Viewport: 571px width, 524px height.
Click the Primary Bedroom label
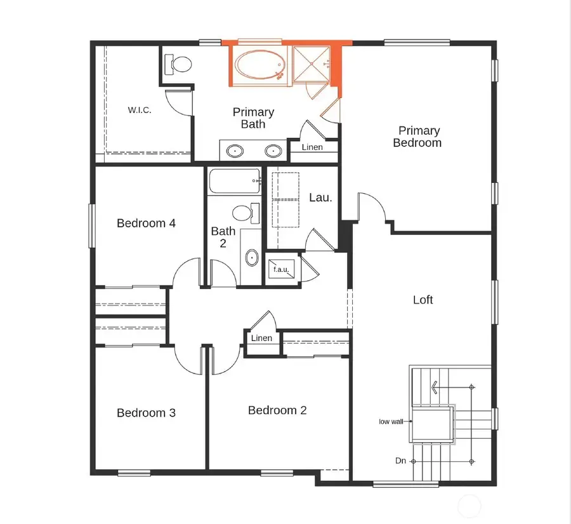pos(417,137)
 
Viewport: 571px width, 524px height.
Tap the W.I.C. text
pos(139,109)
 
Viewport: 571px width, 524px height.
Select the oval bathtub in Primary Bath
pos(259,65)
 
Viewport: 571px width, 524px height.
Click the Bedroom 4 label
pos(146,223)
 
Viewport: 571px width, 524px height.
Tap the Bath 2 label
pos(223,237)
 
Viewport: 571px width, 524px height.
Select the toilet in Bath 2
pos(245,212)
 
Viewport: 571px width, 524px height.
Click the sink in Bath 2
pos(252,258)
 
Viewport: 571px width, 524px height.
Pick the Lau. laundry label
pos(320,198)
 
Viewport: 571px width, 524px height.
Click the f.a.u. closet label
pos(280,269)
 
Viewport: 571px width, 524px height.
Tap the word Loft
pos(423,299)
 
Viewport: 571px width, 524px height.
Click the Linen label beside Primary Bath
pos(312,147)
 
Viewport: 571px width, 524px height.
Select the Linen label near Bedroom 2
pos(261,338)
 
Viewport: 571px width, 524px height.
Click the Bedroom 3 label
pos(146,413)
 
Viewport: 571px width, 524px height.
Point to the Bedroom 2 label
pos(277,410)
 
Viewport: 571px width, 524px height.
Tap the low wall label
pos(391,421)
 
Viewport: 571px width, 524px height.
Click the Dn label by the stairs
pos(400,460)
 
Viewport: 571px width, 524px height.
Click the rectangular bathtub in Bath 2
pos(233,180)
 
